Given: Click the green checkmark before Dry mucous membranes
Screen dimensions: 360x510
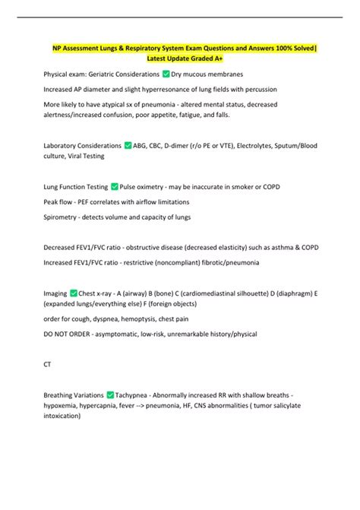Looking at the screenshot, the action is coord(166,74).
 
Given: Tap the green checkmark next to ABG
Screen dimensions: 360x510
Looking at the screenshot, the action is coord(128,145).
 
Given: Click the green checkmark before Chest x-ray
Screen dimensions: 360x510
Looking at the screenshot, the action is coord(74,292).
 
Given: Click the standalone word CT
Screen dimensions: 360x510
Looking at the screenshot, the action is coord(49,364).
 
